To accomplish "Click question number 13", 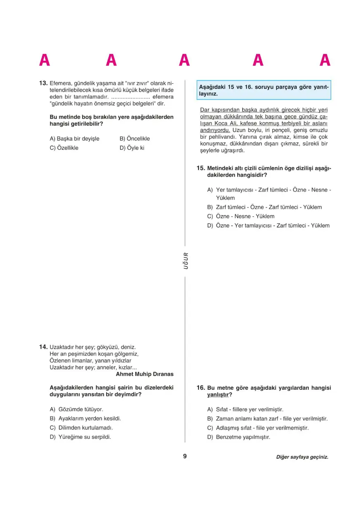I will point(43,83).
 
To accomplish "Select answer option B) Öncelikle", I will point(134,139).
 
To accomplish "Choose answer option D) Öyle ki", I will point(132,148).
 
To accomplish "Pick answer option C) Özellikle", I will point(64,148).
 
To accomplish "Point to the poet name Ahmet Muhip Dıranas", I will point(145,374).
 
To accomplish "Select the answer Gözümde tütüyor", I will point(76,409).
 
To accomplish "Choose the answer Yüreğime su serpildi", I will point(80,437).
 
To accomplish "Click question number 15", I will point(201,168).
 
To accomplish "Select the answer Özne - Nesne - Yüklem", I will point(240,216).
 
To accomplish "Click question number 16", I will point(201,388).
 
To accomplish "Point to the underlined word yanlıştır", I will point(217,395).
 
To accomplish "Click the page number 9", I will point(185,456).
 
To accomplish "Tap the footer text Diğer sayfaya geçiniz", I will point(302,457).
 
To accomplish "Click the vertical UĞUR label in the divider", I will point(186,261).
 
